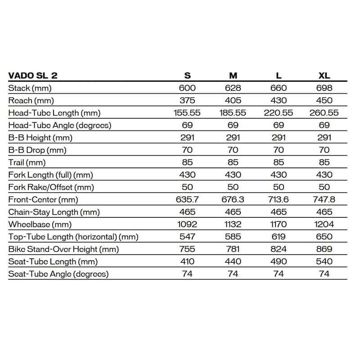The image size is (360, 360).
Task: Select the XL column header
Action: (x=324, y=75)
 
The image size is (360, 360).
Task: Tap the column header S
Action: (x=187, y=75)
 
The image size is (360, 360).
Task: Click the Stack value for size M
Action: (x=233, y=88)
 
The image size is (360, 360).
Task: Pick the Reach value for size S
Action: (x=187, y=100)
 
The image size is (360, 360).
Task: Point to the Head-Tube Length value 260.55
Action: (x=324, y=112)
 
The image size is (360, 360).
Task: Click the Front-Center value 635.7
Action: (x=187, y=199)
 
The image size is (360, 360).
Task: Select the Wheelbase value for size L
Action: (x=279, y=224)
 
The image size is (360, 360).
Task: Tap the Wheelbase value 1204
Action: (x=324, y=224)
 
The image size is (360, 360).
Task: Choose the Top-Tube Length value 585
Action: (x=233, y=236)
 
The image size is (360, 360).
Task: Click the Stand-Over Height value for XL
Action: (x=324, y=249)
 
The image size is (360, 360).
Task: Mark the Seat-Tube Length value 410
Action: (x=187, y=261)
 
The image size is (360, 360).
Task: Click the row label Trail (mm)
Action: (x=27, y=162)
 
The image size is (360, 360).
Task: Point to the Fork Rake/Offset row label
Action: (x=51, y=187)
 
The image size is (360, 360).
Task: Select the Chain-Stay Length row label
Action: (x=54, y=212)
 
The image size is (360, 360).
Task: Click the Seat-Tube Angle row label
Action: (x=58, y=274)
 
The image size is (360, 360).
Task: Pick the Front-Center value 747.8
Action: (x=324, y=199)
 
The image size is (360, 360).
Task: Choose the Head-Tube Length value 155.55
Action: (x=187, y=112)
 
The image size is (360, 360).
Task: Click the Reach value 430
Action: (x=279, y=100)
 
